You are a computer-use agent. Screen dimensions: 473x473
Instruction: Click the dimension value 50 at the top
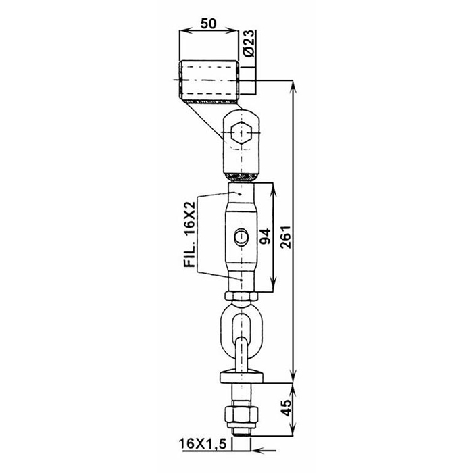click(x=208, y=23)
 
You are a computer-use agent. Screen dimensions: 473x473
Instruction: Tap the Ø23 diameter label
click(x=249, y=43)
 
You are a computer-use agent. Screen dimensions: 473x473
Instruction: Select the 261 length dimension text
click(x=285, y=236)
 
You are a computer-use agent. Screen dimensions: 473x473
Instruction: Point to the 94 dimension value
click(x=265, y=236)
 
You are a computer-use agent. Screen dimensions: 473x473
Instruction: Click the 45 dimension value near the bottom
click(x=287, y=408)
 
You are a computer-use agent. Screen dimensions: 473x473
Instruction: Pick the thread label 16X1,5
click(x=203, y=444)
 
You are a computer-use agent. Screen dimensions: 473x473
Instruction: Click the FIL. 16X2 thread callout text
click(x=190, y=234)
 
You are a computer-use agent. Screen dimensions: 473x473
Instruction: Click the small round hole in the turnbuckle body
click(x=242, y=236)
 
